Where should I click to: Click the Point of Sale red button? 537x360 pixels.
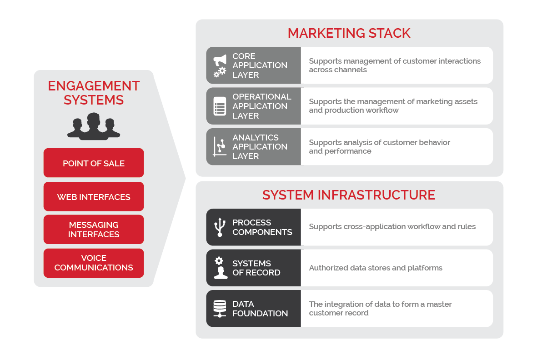94,163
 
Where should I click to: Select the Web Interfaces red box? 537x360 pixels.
94,197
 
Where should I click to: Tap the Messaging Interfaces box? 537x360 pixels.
94,230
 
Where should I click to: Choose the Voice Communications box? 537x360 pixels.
94,263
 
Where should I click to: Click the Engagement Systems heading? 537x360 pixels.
94,92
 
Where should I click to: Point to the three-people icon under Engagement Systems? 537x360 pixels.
94,126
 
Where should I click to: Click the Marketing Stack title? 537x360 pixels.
349,33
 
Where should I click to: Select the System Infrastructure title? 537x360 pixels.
349,195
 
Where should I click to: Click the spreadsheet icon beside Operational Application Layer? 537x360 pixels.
220,106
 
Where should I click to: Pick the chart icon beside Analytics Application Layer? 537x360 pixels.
220,146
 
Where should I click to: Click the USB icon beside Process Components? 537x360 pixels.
220,227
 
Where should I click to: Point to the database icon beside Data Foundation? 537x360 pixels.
220,309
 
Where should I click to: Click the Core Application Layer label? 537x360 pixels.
260,65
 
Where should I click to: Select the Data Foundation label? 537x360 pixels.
260,309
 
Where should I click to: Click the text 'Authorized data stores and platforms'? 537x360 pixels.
376,268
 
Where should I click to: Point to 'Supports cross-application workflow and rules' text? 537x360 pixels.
392,226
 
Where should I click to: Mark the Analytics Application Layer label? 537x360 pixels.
260,147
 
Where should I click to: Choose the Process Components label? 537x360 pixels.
262,227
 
